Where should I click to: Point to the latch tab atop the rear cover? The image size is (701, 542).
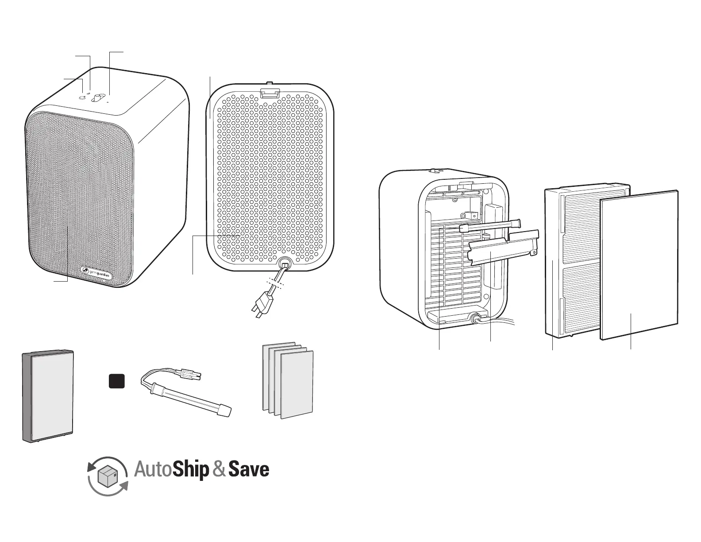[270, 92]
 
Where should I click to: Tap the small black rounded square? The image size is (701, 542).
[117, 381]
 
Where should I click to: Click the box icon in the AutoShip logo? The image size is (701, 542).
[108, 476]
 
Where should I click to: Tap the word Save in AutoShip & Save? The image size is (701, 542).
[249, 470]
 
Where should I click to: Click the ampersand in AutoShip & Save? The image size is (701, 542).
[219, 470]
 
